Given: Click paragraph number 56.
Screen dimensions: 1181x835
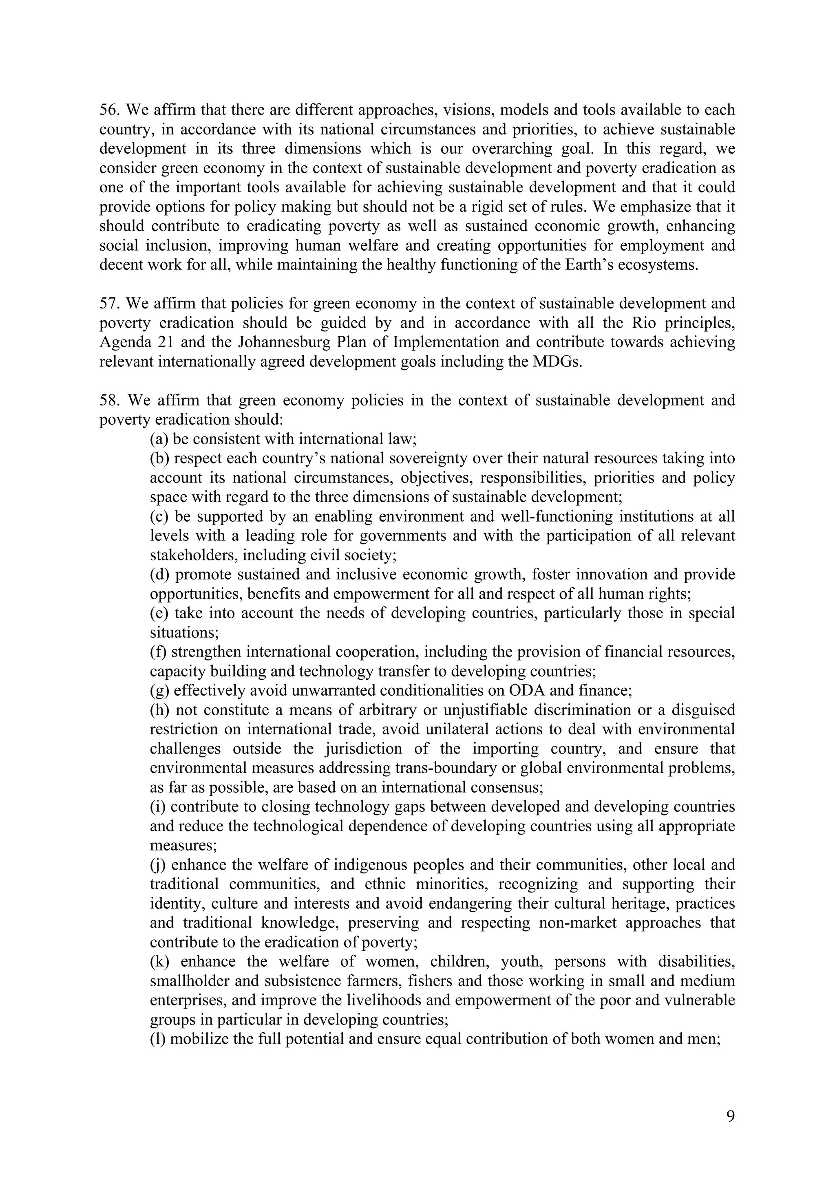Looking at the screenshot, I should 109,110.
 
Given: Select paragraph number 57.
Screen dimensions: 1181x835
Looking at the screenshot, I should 109,304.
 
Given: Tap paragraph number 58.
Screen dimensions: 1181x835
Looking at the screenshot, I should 110,400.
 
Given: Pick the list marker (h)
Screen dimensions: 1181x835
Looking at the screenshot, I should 159,710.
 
